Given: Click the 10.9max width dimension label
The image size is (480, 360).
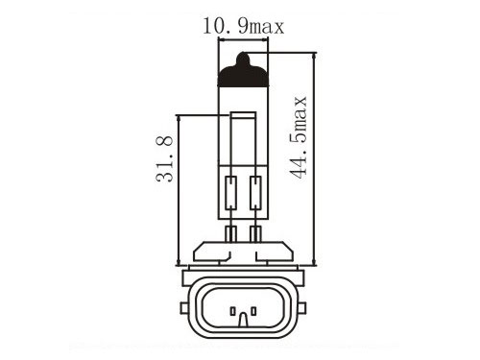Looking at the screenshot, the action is click(243, 27).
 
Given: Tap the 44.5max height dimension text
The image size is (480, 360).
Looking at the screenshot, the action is click(298, 137).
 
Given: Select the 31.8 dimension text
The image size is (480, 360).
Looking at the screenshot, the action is click(164, 159).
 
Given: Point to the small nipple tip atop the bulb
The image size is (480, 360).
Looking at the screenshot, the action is click(243, 58).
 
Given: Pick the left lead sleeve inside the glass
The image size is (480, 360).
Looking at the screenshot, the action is click(230, 193).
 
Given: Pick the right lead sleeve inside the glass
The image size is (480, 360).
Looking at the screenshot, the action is click(255, 193).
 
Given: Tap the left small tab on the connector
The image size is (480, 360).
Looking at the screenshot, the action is click(184, 308).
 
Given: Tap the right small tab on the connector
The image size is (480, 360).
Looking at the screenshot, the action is click(302, 308).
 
